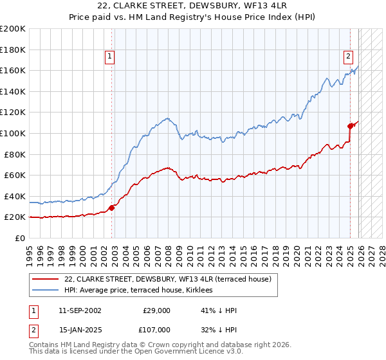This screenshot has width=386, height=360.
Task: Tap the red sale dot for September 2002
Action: (x=111, y=208)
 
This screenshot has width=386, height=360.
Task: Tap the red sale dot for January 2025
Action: (x=351, y=126)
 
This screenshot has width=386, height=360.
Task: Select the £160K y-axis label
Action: (x=12, y=70)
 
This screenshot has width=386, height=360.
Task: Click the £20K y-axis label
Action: (x=15, y=217)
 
